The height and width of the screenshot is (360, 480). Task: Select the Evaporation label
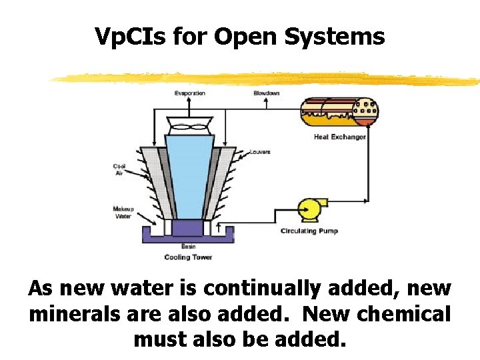pos(190,93)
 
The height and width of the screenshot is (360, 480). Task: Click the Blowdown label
pos(267,93)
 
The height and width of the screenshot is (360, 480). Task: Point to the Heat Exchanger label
pos(340,137)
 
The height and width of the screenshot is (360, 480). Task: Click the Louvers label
pos(260,152)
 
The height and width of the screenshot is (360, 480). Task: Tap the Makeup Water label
pos(123,212)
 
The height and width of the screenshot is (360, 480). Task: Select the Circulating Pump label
pos(309,231)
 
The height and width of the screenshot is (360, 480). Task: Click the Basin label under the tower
pos(189,246)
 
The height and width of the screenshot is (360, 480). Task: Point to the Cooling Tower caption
pos(189,257)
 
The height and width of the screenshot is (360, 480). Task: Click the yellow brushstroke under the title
pos(267,79)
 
